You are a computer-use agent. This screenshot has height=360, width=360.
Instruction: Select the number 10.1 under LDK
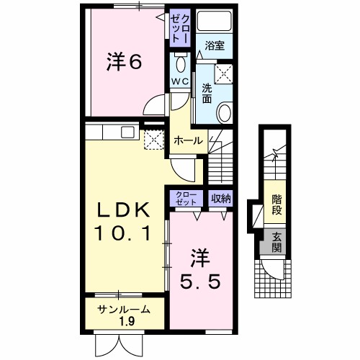point(125,234)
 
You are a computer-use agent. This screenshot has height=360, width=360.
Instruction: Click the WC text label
point(179,81)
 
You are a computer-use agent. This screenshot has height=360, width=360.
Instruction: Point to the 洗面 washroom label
point(207,93)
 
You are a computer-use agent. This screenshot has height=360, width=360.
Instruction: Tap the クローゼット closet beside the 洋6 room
point(180,29)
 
